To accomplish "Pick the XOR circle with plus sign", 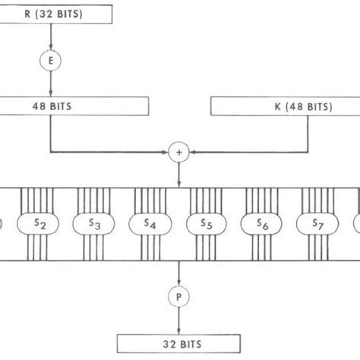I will coord(179,153).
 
